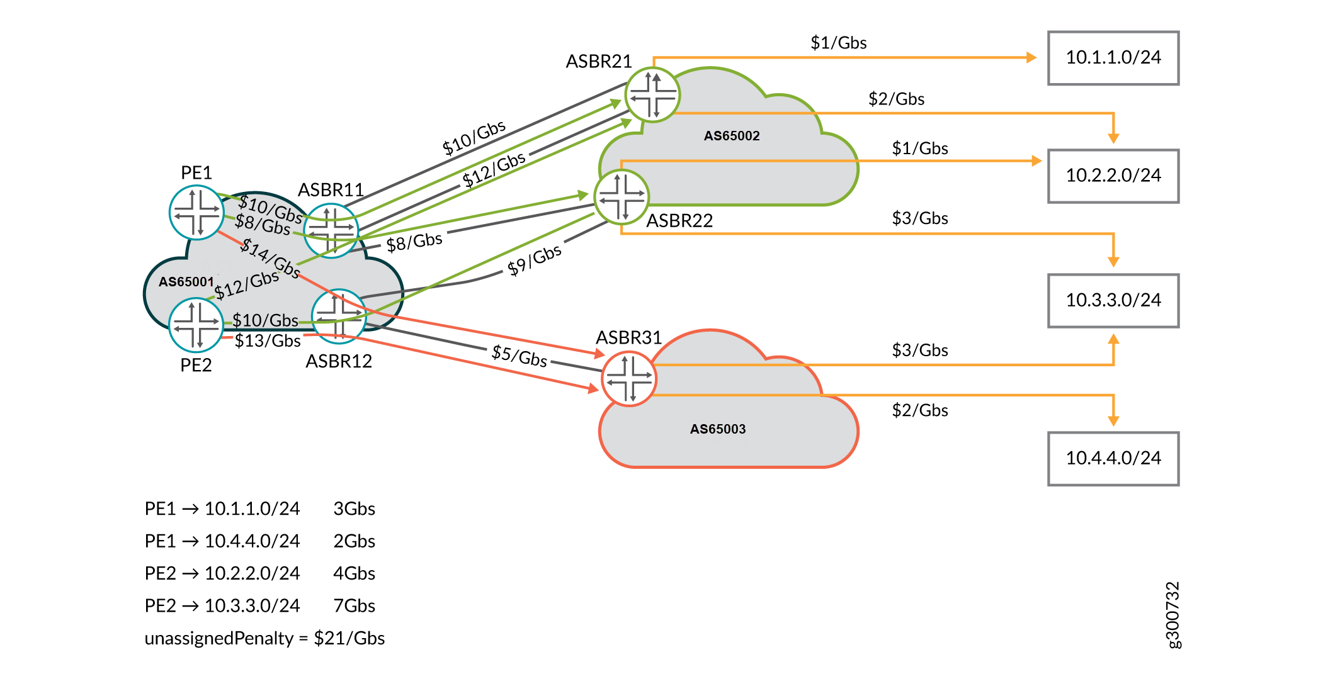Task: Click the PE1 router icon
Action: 196,213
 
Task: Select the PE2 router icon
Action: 196,325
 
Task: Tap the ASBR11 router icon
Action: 331,230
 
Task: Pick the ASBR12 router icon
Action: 339,316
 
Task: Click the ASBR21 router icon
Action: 652,95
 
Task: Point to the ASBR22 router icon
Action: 622,197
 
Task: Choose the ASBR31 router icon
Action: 629,379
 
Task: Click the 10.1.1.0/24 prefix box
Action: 1113,58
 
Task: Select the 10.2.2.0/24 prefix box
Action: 1113,176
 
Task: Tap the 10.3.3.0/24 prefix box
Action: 1113,300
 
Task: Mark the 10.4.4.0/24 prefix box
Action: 1113,458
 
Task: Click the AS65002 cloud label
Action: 731,136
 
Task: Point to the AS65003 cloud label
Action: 717,429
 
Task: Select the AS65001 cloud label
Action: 186,282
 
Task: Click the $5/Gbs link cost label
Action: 520,356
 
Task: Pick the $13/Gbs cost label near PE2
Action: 268,341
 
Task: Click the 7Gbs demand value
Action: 354,605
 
